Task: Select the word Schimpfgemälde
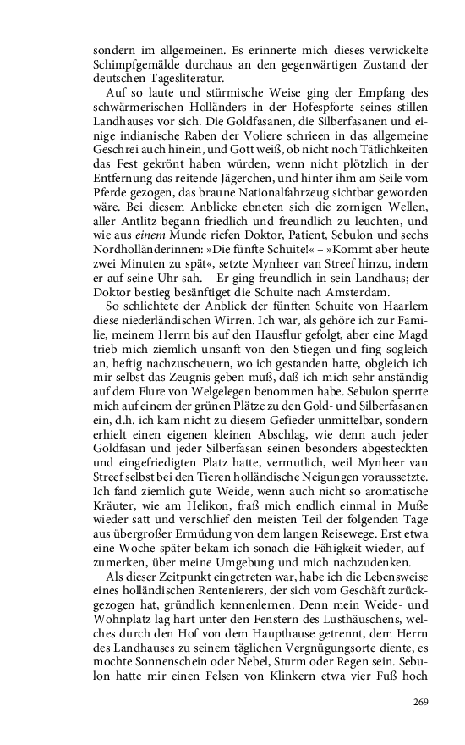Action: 134,64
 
